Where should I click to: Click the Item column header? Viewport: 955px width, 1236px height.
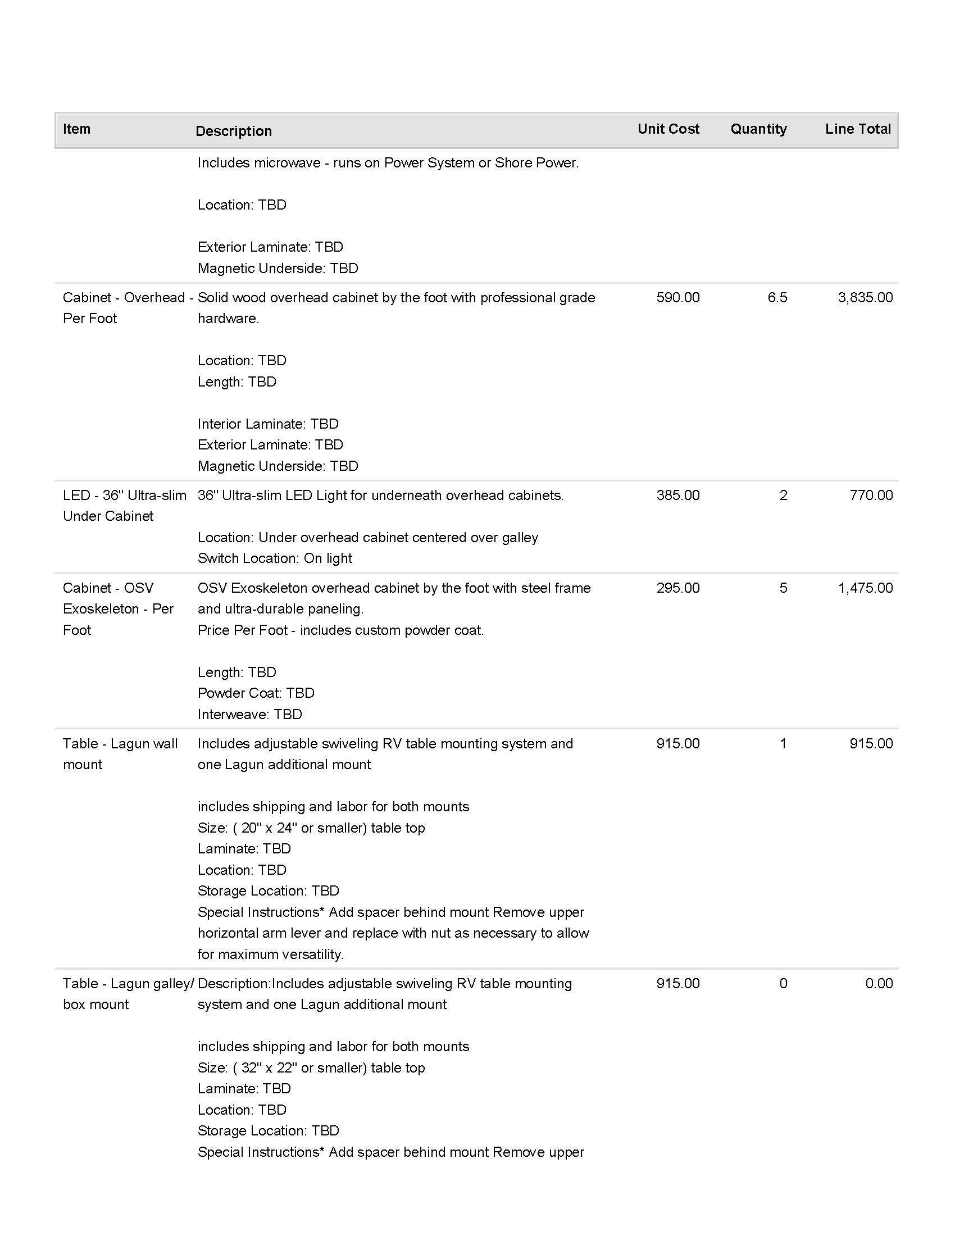(x=76, y=129)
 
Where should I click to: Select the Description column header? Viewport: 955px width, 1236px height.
(x=234, y=131)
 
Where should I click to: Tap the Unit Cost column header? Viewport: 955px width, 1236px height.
(x=668, y=129)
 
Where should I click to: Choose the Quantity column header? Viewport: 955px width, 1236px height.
(x=758, y=129)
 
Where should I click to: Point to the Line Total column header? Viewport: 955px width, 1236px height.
(x=858, y=129)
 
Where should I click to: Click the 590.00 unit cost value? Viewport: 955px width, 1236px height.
(x=678, y=298)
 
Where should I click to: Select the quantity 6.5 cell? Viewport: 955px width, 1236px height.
(x=777, y=298)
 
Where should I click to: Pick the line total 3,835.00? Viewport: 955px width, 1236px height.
(x=865, y=298)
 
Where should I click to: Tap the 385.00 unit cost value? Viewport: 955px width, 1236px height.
(x=678, y=495)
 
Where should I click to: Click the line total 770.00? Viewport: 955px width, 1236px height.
(x=871, y=495)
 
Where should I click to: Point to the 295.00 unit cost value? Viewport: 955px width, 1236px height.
(x=678, y=588)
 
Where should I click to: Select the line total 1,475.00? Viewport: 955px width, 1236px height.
(x=865, y=588)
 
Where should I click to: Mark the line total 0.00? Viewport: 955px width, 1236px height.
(x=879, y=983)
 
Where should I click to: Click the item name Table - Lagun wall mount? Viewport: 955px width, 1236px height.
(x=120, y=754)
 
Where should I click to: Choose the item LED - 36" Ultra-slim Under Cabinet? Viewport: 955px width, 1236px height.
(x=125, y=506)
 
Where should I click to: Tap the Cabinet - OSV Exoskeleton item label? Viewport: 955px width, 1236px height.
(x=117, y=609)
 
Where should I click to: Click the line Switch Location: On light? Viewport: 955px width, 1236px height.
(x=274, y=558)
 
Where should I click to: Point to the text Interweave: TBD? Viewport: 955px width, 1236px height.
(x=249, y=714)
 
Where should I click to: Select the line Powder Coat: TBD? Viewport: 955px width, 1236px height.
(x=256, y=693)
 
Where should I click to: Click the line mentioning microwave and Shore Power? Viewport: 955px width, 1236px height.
(x=388, y=163)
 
